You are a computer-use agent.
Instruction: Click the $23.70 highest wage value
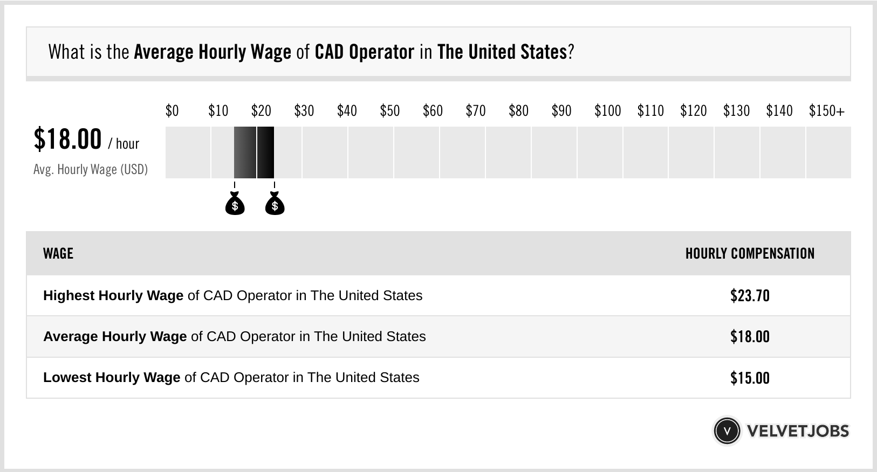pyautogui.click(x=750, y=296)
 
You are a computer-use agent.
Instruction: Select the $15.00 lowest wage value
pyautogui.click(x=750, y=378)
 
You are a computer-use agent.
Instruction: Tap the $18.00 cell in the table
pyautogui.click(x=750, y=337)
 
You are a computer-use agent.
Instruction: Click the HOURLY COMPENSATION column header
pyautogui.click(x=750, y=253)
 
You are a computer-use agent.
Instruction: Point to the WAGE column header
pyautogui.click(x=58, y=253)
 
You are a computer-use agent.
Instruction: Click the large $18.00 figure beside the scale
pyautogui.click(x=67, y=139)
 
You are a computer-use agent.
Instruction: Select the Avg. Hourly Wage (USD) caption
pyautogui.click(x=91, y=169)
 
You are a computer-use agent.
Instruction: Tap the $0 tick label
pyautogui.click(x=172, y=111)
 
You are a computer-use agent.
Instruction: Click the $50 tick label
pyautogui.click(x=390, y=111)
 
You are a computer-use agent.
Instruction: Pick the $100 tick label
pyautogui.click(x=607, y=111)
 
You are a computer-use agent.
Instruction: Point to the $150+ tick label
pyautogui.click(x=826, y=111)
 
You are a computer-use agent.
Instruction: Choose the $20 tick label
pyautogui.click(x=261, y=111)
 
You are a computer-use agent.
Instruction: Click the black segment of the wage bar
pyautogui.click(x=265, y=152)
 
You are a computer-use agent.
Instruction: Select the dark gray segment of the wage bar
pyautogui.click(x=245, y=152)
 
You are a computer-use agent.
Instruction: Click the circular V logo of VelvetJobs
pyautogui.click(x=727, y=431)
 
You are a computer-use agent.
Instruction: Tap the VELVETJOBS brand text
pyautogui.click(x=798, y=431)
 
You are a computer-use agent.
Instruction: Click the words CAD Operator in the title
pyautogui.click(x=364, y=52)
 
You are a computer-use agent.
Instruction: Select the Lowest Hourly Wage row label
pyautogui.click(x=112, y=378)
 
